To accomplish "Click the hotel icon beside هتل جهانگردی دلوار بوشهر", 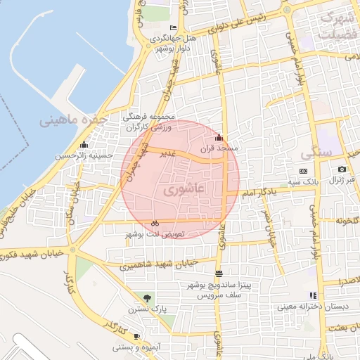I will (174, 27).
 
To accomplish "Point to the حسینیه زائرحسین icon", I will (84, 145).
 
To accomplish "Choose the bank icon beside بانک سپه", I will (303, 171).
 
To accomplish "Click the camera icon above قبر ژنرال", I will (342, 169).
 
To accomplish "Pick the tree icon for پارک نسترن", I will (147, 298).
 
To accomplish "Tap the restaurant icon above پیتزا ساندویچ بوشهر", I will (219, 274).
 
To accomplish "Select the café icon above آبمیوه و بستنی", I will (136, 337).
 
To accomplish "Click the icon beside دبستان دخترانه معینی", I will (312, 295).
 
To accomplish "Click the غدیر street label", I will (167, 153).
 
